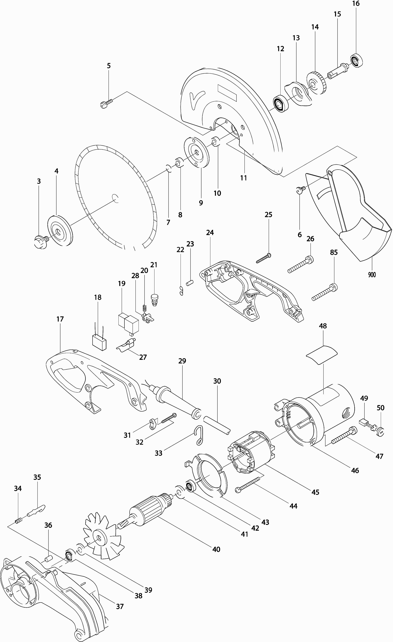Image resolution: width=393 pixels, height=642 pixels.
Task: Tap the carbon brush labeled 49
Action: tap(363, 422)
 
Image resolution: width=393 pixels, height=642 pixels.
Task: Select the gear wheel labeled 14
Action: tap(317, 84)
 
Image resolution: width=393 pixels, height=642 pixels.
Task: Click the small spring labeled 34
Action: tap(18, 521)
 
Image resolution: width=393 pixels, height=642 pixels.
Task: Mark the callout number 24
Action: tap(210, 232)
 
